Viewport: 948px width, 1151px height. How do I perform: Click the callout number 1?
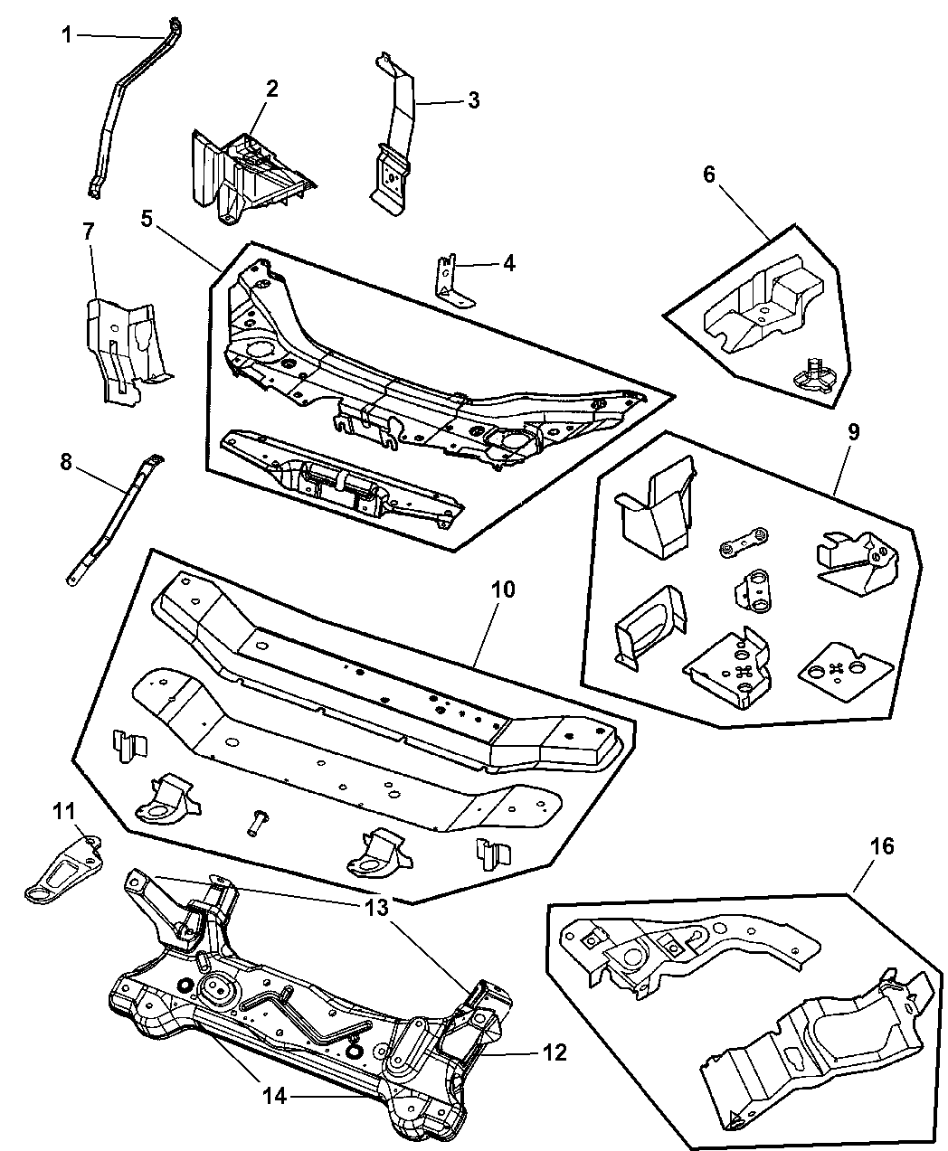coord(67,35)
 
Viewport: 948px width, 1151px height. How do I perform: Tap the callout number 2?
coord(270,90)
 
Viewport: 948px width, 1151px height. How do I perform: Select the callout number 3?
coord(473,100)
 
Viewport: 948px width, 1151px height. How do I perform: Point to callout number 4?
coord(508,263)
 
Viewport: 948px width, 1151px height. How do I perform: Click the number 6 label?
coord(709,174)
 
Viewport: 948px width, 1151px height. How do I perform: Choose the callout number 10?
coord(503,590)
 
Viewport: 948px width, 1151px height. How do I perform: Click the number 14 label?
coord(275,1096)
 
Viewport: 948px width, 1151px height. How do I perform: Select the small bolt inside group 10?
coord(254,821)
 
